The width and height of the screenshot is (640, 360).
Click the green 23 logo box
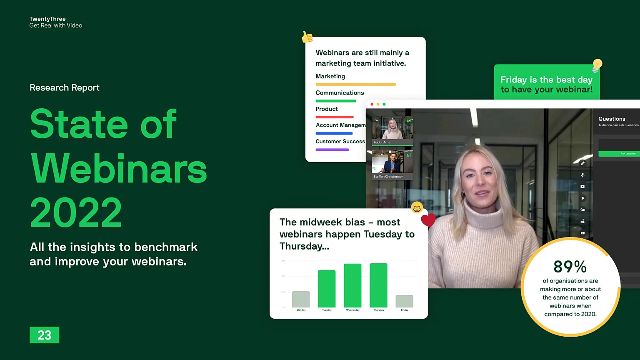point(44,335)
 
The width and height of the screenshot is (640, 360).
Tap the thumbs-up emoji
point(307,37)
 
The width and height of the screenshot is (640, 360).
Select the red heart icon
point(428,220)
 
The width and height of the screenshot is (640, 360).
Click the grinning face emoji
point(417,207)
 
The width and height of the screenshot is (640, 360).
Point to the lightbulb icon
point(597,65)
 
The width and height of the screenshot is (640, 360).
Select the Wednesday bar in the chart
point(352,285)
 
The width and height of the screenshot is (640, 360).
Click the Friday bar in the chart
point(404,301)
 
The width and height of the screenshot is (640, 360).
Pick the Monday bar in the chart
point(301,299)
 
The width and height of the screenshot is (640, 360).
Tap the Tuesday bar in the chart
point(327,289)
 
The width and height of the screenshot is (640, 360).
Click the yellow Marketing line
point(355,85)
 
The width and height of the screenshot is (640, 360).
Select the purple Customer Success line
point(332,150)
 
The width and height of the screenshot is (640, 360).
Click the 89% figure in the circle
point(570,267)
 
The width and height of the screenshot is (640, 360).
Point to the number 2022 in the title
point(76,212)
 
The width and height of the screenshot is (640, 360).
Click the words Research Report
point(65,87)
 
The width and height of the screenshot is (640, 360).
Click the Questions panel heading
point(612,119)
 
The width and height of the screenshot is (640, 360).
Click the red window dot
point(372,104)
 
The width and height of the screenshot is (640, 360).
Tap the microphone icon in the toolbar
point(582,175)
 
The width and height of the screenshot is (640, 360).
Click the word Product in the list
point(327,109)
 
